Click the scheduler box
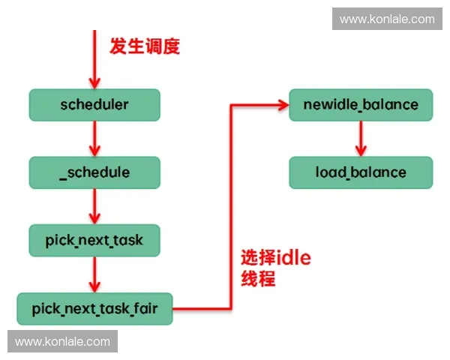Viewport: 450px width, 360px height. [x=94, y=104]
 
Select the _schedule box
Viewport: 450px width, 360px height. [x=94, y=172]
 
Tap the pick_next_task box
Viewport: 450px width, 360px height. [x=94, y=240]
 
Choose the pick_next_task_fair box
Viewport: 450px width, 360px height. [x=94, y=308]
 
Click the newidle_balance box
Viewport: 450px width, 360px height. [x=361, y=104]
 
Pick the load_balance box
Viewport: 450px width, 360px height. [x=361, y=172]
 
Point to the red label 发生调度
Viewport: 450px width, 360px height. [x=145, y=46]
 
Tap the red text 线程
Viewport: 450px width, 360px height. [x=257, y=280]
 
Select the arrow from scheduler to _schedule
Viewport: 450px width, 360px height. [x=94, y=138]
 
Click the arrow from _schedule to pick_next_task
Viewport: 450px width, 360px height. [x=94, y=206]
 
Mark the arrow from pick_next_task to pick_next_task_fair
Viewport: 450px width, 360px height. [x=94, y=274]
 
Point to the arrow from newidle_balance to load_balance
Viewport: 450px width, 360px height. [x=361, y=138]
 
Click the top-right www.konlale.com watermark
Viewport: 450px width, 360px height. [x=387, y=19]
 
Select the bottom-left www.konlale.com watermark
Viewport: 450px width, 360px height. [x=62, y=342]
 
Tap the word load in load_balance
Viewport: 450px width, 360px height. [x=331, y=172]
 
